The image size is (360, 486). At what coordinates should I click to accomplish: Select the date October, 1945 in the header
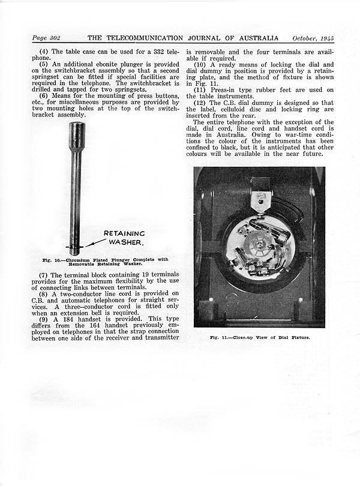pos(310,37)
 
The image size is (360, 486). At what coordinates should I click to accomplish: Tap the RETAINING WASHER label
pos(124,238)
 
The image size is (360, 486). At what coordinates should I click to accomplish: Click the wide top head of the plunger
pos(76,137)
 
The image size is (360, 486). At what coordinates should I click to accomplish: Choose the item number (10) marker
pos(200,64)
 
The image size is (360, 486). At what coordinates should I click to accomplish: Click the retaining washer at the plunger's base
pos(76,248)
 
